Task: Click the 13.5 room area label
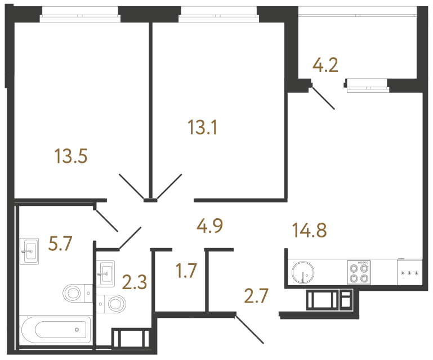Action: click(71, 156)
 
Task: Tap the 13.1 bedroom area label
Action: click(202, 128)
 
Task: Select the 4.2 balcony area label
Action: click(325, 65)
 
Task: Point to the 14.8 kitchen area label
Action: click(309, 231)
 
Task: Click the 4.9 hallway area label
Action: click(209, 226)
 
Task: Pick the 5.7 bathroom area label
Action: click(60, 244)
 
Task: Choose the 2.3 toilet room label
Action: click(135, 282)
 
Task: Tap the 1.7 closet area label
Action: click(186, 271)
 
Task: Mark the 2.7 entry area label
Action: click(256, 296)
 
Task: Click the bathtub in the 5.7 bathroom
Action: click(56, 330)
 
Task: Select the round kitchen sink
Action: click(303, 272)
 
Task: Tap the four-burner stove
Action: click(359, 272)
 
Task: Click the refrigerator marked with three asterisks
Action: click(410, 272)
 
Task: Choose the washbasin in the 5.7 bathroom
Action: click(29, 251)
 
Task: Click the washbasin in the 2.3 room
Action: click(105, 274)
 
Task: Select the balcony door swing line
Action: click(323, 98)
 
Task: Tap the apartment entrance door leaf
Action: click(249, 330)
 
